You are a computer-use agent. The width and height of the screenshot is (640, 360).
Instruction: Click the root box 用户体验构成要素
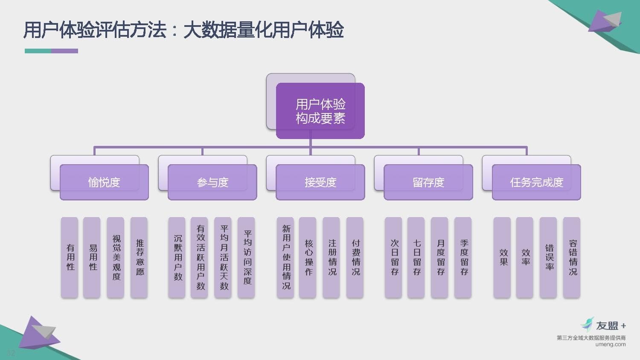click(x=320, y=111)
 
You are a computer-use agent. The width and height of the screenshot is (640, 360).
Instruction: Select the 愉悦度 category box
click(x=104, y=182)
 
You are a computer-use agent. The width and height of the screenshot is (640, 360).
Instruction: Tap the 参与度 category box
click(x=212, y=182)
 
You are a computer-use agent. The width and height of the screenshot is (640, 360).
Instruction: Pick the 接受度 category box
click(x=320, y=182)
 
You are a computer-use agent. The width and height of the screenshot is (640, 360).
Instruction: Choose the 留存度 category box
click(x=428, y=182)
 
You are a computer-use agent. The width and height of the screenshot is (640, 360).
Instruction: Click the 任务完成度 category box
click(x=536, y=182)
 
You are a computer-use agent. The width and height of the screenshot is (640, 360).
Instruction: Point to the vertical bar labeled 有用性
click(x=70, y=258)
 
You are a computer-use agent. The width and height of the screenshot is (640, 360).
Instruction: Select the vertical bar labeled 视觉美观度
click(x=116, y=258)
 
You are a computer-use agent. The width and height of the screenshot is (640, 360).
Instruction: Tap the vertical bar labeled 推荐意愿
click(x=139, y=258)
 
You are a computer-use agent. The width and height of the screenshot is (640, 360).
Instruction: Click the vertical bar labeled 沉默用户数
click(x=177, y=258)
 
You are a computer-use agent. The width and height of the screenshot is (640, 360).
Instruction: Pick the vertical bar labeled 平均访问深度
click(x=246, y=258)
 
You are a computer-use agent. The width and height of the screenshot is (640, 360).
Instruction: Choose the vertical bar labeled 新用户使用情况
click(x=285, y=258)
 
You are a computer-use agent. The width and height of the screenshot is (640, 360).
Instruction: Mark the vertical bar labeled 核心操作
click(x=308, y=258)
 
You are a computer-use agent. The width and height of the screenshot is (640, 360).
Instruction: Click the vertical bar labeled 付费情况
click(x=355, y=258)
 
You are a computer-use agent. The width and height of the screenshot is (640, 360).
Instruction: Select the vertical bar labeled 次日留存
click(x=393, y=258)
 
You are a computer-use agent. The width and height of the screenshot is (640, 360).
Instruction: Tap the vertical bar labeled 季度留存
click(x=463, y=258)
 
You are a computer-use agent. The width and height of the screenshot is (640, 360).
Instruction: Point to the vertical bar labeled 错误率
click(x=548, y=258)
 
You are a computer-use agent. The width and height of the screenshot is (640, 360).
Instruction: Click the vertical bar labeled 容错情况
click(x=571, y=258)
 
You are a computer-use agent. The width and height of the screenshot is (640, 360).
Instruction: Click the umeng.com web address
click(x=611, y=344)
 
